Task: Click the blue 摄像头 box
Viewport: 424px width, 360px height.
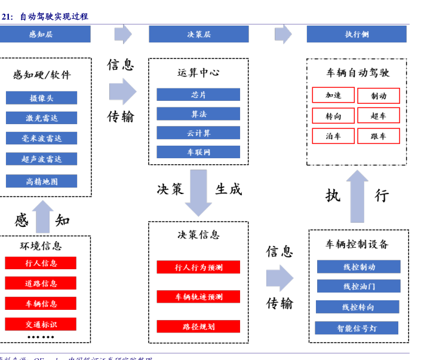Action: (x=42, y=98)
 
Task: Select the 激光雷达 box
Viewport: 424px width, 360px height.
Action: (x=42, y=118)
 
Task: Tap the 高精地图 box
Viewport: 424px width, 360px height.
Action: (x=42, y=181)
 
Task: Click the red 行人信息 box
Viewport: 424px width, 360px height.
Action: (x=41, y=263)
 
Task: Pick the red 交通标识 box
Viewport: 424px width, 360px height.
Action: (x=41, y=324)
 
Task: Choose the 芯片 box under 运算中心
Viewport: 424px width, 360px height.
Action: (x=198, y=94)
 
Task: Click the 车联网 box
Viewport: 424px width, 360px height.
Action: (x=198, y=152)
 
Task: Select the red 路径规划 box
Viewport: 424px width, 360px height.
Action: (x=198, y=327)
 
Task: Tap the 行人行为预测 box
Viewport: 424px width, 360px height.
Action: (x=198, y=267)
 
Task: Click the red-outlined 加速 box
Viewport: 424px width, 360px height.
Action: (x=333, y=96)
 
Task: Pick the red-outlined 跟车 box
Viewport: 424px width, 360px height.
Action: (x=378, y=136)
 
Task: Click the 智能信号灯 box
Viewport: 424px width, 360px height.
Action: (x=357, y=328)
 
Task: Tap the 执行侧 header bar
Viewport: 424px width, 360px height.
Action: (x=357, y=34)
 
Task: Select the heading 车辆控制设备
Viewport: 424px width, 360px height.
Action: (x=357, y=244)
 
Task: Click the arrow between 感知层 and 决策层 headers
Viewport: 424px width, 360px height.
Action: (x=124, y=34)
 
